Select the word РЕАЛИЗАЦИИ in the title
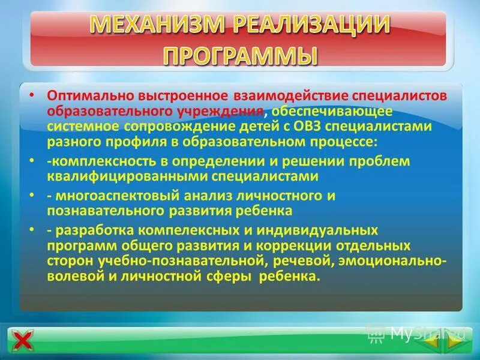[311, 25]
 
